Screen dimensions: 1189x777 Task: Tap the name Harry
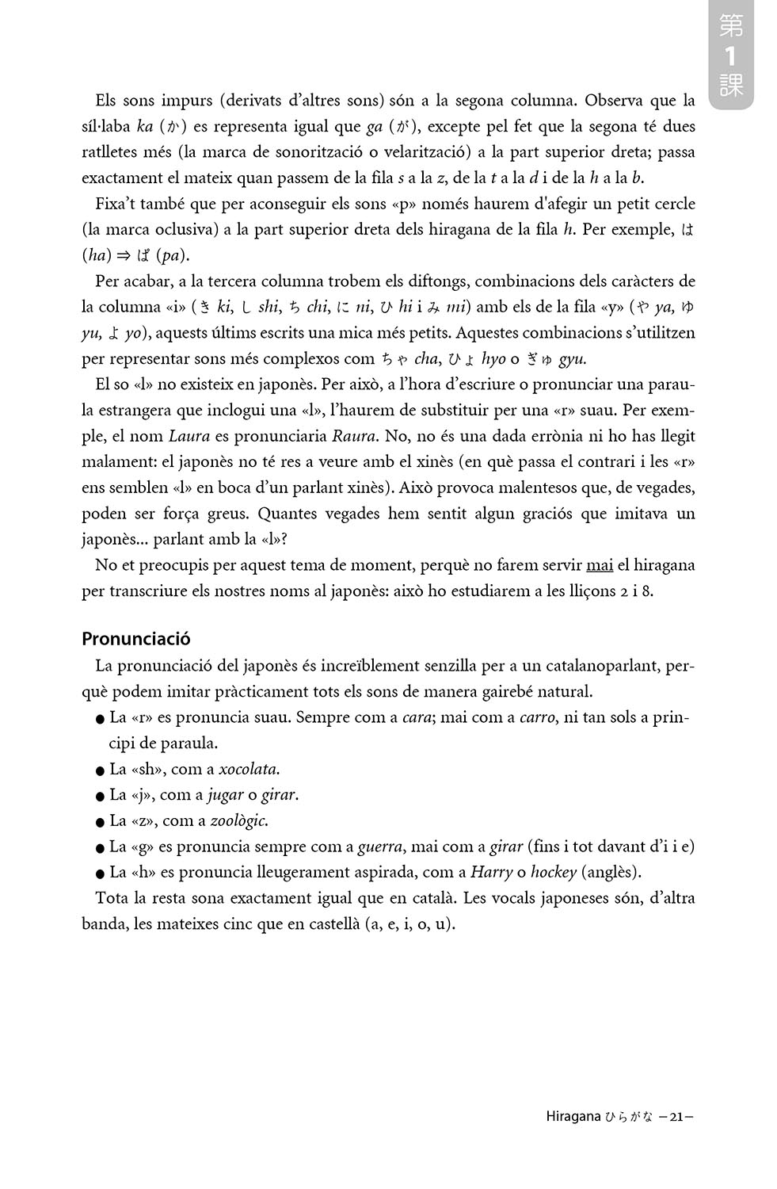pyautogui.click(x=490, y=873)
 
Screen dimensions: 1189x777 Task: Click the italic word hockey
pyautogui.click(x=553, y=873)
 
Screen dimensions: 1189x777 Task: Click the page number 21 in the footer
pyautogui.click(x=676, y=1118)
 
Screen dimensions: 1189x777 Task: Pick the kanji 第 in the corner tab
pyautogui.click(x=730, y=27)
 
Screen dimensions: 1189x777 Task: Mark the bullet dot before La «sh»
pyautogui.click(x=99, y=770)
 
